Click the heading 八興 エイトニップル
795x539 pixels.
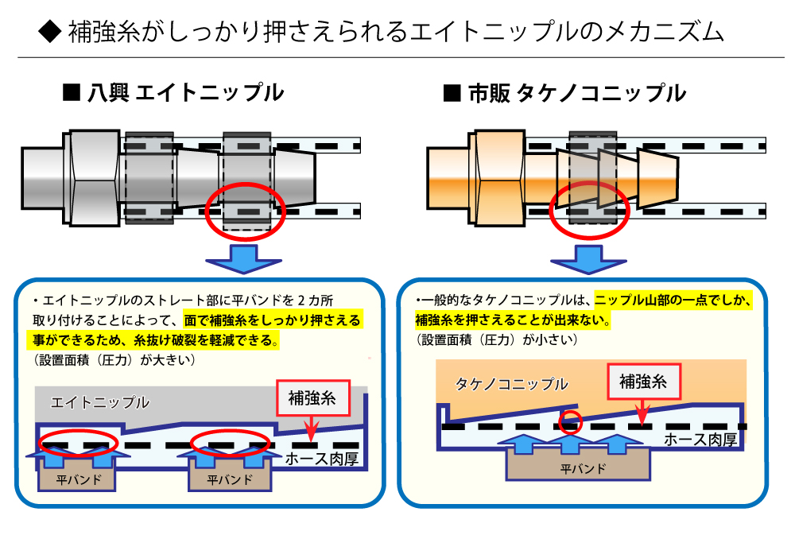click(x=173, y=94)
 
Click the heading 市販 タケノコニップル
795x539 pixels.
click(x=564, y=94)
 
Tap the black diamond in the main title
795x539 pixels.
click(x=49, y=33)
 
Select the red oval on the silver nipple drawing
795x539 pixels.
click(x=243, y=209)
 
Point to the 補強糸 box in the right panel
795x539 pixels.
click(x=648, y=382)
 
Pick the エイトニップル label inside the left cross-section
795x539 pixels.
click(x=100, y=403)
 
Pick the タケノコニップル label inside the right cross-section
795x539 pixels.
click(x=511, y=384)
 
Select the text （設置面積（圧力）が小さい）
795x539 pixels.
click(x=498, y=339)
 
